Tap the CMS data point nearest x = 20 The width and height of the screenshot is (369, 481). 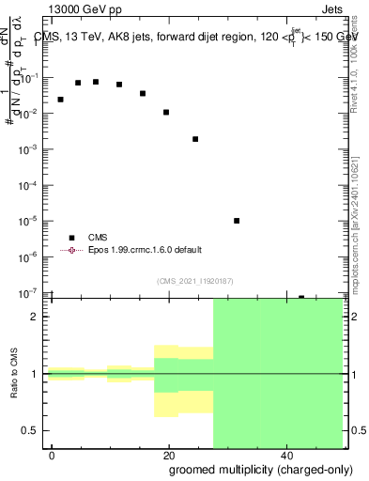(x=166, y=112)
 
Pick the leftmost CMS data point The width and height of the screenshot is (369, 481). (x=60, y=100)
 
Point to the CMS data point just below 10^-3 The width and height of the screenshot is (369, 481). (x=195, y=139)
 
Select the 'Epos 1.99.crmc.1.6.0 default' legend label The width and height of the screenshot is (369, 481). (x=145, y=250)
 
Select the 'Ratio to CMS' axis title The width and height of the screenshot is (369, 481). (x=15, y=374)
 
